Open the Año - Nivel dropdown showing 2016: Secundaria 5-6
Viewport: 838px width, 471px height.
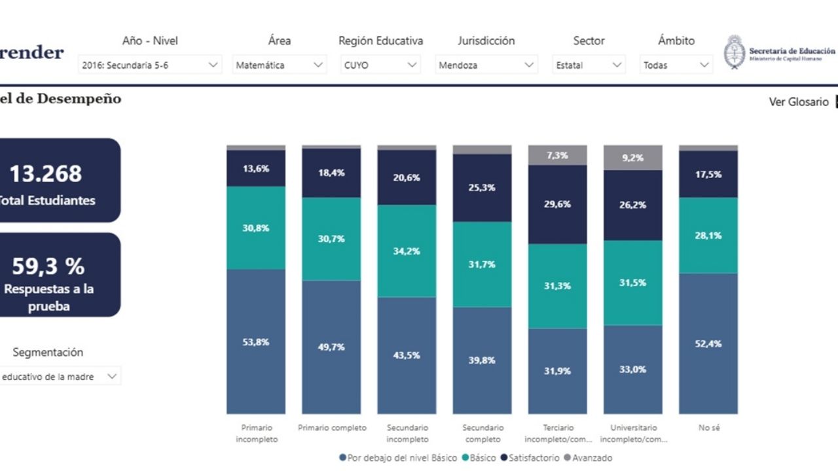[150, 65]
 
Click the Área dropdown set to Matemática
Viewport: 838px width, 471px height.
[280, 65]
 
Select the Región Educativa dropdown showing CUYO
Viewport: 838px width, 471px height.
[380, 65]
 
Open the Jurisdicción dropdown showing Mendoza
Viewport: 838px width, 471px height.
[486, 65]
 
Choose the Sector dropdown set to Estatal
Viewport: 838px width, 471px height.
[589, 65]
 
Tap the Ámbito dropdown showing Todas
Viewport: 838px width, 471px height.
[676, 65]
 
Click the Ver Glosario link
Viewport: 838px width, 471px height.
[798, 102]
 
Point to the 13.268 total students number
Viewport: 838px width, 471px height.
[46, 174]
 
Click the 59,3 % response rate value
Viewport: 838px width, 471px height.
[48, 266]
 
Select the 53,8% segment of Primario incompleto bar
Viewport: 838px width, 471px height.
[256, 341]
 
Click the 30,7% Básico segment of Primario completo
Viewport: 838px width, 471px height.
[331, 239]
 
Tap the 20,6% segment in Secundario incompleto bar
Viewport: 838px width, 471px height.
[407, 177]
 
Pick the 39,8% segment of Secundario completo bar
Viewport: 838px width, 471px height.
[482, 360]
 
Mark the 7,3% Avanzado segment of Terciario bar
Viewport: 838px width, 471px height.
[557, 156]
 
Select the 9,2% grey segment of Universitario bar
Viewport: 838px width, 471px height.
[633, 158]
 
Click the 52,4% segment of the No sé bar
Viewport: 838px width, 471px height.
[708, 343]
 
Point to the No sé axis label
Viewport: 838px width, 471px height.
[708, 428]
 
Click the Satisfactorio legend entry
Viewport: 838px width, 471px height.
[530, 458]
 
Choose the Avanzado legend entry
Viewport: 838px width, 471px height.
[588, 458]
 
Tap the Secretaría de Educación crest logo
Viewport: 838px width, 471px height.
[734, 52]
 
